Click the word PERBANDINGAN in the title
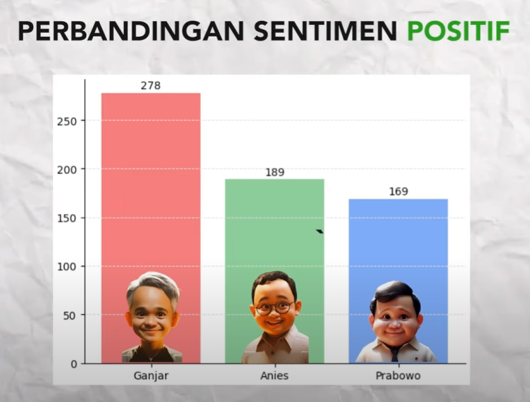point(131,31)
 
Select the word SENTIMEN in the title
point(325,31)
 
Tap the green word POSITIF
point(458,31)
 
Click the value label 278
point(150,86)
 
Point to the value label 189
point(275,172)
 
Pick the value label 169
point(398,192)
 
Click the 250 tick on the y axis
point(67,121)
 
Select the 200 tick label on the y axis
point(67,170)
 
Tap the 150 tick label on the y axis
point(67,218)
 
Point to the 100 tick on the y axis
point(67,267)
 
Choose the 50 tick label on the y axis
point(70,316)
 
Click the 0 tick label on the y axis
point(74,364)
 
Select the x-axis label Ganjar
point(151,376)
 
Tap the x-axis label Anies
point(275,376)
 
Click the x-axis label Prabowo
point(398,376)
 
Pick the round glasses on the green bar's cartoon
point(275,307)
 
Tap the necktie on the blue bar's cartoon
point(395,354)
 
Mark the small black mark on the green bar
point(320,231)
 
